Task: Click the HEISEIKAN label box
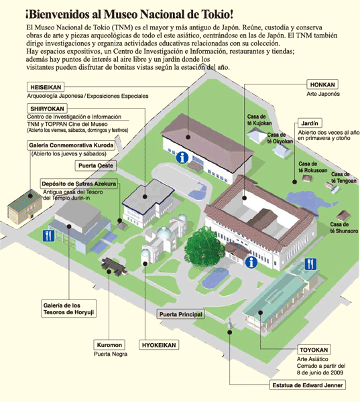coord(46,87)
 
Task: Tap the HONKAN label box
coord(322,84)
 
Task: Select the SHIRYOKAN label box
coord(47,109)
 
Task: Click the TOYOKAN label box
coord(314,350)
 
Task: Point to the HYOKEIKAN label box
coord(159,345)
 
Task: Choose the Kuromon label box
coord(109,345)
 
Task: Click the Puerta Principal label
coord(181,314)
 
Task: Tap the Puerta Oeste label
coord(96,165)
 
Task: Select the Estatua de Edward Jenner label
coord(308,385)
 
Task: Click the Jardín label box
coord(310,123)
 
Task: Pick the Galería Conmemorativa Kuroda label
coord(71,145)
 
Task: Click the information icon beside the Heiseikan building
coord(182,157)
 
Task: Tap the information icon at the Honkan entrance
coord(251,262)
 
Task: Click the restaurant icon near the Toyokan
coord(310,264)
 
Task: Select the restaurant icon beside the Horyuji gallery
coord(48,235)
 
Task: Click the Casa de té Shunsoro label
coord(344,228)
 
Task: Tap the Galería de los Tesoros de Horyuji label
coord(69,309)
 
